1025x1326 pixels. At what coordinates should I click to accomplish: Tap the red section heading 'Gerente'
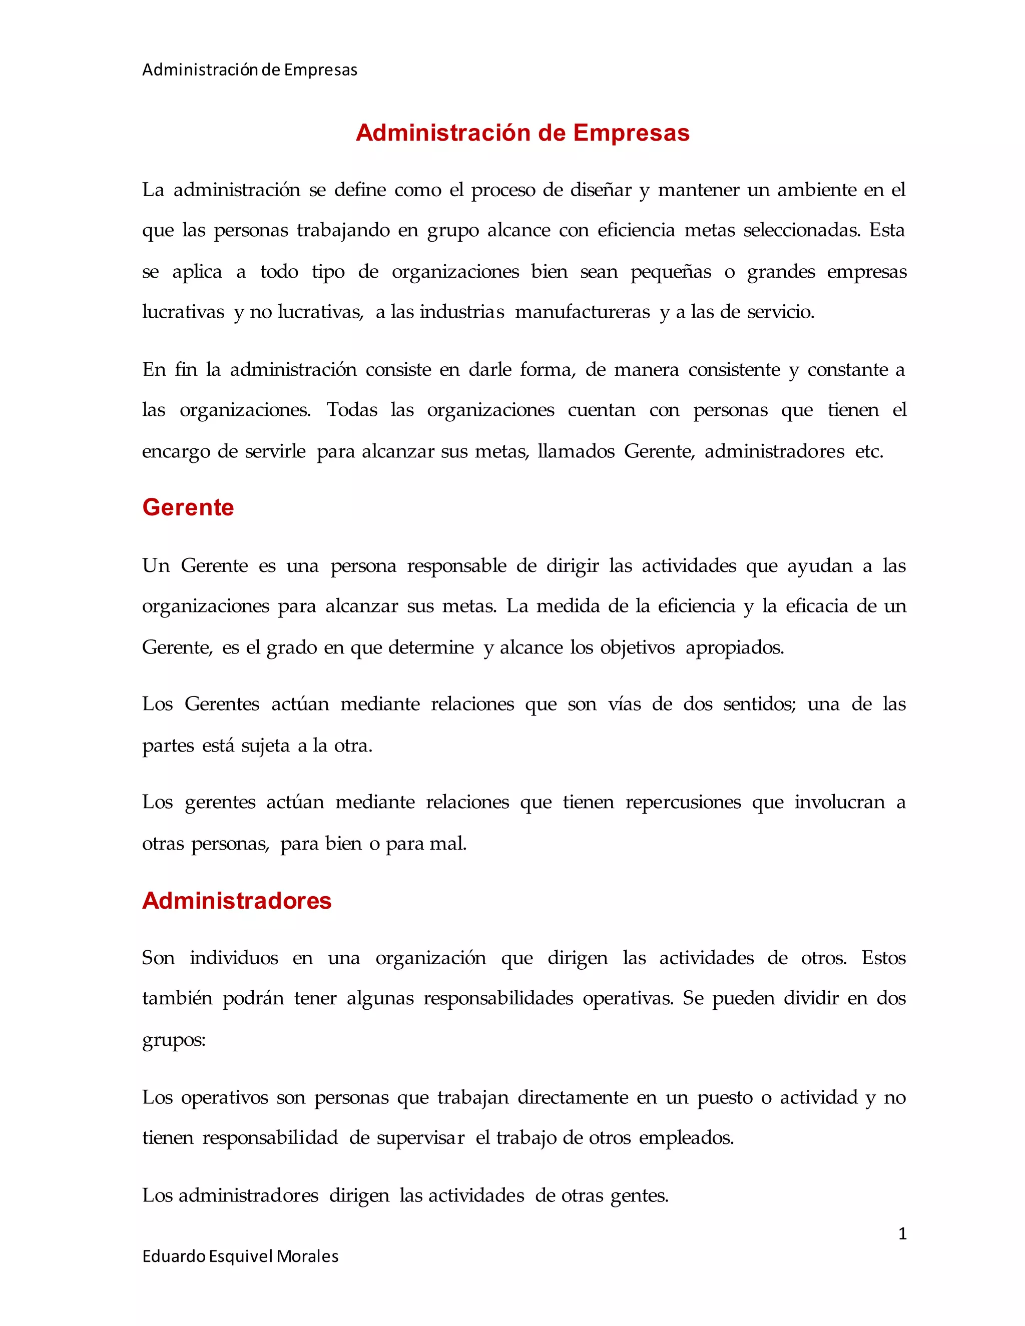[188, 507]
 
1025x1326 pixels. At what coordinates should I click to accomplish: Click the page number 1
[902, 1234]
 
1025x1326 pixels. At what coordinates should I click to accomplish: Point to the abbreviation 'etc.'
[869, 451]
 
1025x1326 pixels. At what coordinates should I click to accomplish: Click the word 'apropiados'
[734, 647]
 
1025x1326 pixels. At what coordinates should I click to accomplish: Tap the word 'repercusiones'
[683, 802]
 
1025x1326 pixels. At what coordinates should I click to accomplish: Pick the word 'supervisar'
[420, 1137]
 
